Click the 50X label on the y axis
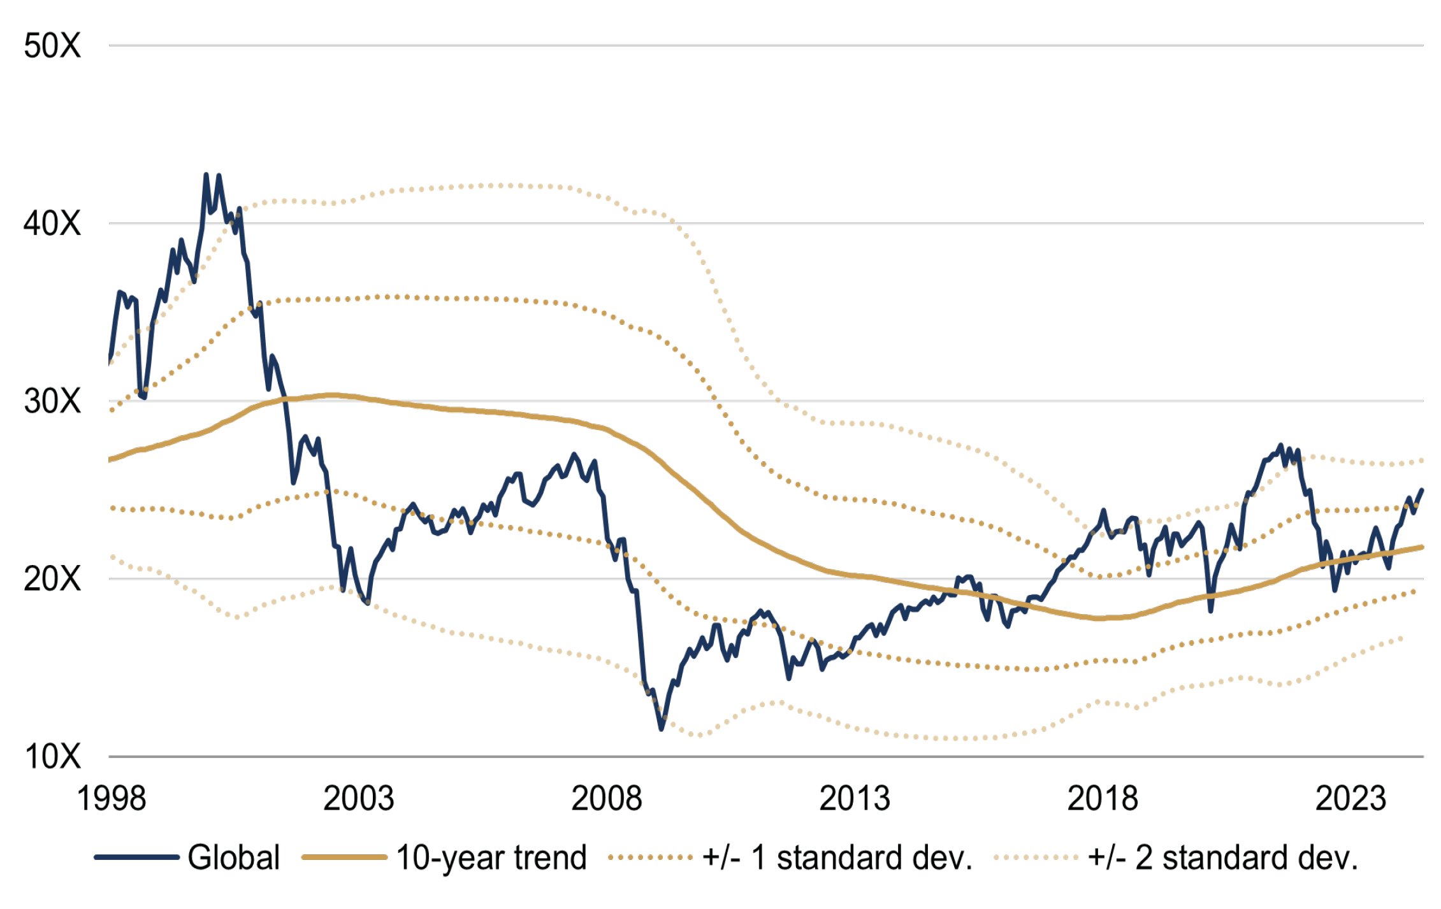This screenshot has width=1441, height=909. coord(52,46)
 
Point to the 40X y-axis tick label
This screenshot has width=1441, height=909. coord(52,224)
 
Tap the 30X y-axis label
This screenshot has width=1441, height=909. coord(52,401)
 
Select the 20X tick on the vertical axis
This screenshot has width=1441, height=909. coord(52,579)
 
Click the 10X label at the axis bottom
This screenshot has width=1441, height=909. coord(52,757)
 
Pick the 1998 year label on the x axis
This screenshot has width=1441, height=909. coord(112,799)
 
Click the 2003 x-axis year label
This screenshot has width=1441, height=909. coord(359,799)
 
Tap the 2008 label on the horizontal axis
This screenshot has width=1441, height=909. coord(607,799)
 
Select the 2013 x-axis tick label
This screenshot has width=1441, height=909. coord(855,799)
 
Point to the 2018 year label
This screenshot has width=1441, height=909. coord(1103,799)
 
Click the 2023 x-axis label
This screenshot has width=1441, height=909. coord(1350,799)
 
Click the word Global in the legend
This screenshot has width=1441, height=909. coord(234,857)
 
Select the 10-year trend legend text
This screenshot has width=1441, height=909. coord(491,857)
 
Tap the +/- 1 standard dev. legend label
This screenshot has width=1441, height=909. coord(837,857)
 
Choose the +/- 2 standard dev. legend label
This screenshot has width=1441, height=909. coord(1223,857)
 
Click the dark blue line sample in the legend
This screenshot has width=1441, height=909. coord(136,857)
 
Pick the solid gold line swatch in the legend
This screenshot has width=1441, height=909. coord(344,857)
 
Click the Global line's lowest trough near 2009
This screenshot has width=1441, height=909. coord(661,729)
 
